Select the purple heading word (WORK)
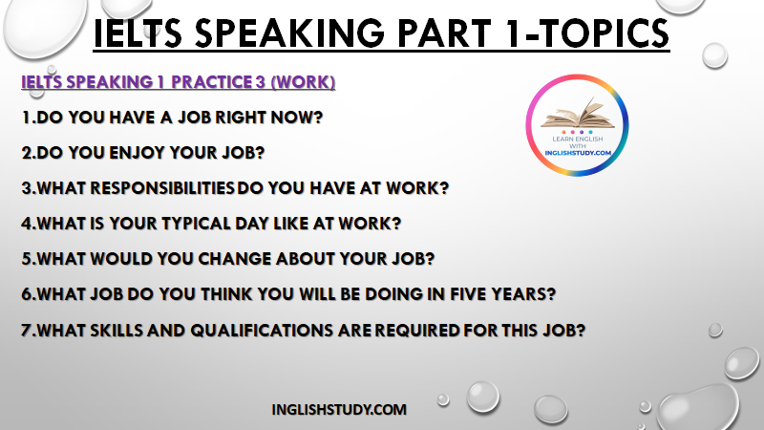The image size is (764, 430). click(303, 82)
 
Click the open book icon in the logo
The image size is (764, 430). click(578, 113)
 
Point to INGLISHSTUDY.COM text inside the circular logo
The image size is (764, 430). click(578, 153)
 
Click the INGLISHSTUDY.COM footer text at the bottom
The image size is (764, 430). click(339, 410)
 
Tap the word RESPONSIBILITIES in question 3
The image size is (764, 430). click(162, 188)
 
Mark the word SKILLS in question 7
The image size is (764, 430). click(115, 331)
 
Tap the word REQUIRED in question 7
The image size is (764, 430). click(417, 331)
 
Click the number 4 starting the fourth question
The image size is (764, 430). click(27, 224)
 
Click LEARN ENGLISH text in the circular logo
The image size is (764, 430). click(578, 139)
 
